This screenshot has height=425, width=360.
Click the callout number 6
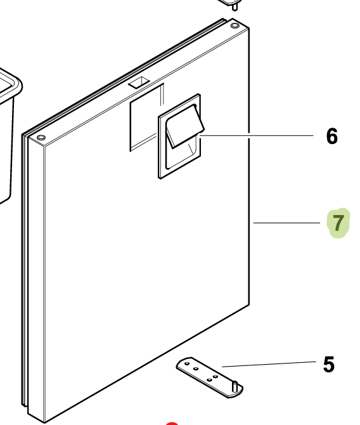coord(332,136)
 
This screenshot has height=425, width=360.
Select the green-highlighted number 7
coord(338,223)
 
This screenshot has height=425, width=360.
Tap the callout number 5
coord(329,365)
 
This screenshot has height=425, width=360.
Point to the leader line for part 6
coord(256,135)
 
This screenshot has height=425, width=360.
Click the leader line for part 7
coord(286,223)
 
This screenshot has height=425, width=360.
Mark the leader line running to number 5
coord(269,364)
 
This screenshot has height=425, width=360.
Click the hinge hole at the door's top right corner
coord(235,26)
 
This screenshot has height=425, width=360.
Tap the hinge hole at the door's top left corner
coord(41,138)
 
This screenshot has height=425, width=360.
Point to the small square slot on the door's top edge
coord(139,82)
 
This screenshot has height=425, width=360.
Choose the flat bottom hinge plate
coord(209,377)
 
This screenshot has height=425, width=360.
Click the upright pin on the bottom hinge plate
coord(235,386)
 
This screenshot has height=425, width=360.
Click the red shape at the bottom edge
coord(172,423)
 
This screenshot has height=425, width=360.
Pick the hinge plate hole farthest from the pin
coord(187,363)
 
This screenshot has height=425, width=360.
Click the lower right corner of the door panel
coord(249,304)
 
